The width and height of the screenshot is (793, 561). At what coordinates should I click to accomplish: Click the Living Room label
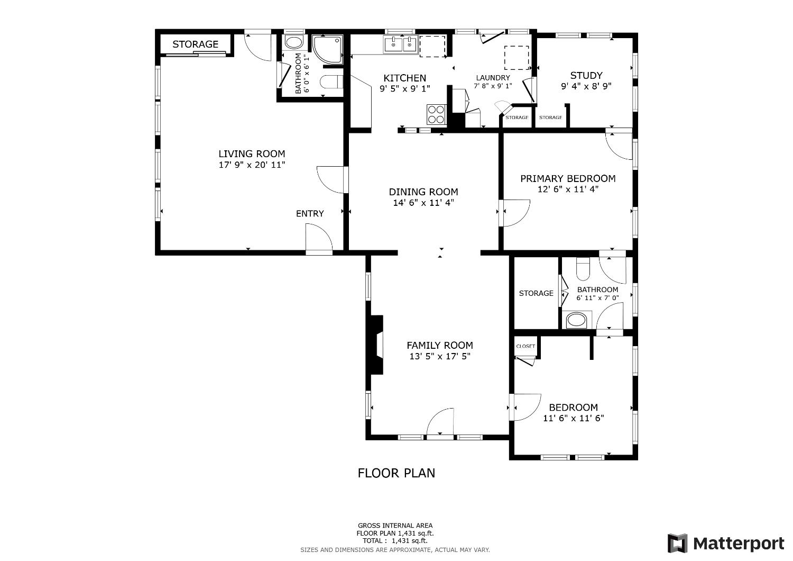(252, 154)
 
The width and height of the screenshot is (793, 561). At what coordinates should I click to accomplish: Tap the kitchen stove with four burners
(437, 114)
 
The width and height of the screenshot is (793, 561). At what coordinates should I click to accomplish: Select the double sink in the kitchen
(401, 44)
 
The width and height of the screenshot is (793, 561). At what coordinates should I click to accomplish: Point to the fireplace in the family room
(376, 345)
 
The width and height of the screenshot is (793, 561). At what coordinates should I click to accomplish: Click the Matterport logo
(726, 544)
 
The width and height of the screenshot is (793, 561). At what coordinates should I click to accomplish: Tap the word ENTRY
(310, 214)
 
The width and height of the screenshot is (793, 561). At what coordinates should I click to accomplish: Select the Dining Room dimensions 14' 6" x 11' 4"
(423, 202)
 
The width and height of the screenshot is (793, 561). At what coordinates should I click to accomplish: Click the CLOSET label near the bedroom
(525, 346)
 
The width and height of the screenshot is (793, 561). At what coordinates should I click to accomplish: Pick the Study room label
(586, 76)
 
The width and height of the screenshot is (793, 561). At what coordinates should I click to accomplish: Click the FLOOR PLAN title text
(396, 473)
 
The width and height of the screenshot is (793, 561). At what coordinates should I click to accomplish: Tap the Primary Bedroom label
(568, 179)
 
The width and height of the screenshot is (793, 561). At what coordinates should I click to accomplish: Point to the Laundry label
(493, 78)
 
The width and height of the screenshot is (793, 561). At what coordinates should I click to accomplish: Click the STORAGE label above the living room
(195, 44)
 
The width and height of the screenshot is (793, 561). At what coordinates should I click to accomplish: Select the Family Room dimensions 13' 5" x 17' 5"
(440, 357)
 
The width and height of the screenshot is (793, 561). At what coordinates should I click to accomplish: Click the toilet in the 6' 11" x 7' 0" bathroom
(583, 269)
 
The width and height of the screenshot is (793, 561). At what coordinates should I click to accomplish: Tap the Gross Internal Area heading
(395, 526)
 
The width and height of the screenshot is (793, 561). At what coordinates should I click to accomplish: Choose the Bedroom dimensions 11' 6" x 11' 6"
(574, 418)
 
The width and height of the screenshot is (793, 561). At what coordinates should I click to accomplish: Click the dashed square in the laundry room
(517, 58)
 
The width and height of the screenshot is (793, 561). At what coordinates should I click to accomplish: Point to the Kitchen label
(404, 78)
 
